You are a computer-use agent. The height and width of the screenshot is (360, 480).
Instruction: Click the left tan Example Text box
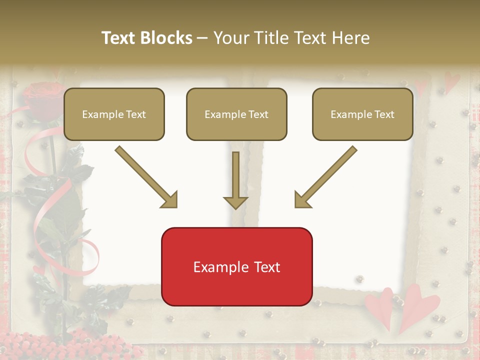114,114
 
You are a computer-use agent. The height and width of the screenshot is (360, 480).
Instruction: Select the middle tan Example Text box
236,114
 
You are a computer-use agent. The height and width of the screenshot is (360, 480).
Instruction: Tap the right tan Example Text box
362,114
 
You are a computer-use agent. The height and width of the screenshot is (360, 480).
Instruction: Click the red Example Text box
236,266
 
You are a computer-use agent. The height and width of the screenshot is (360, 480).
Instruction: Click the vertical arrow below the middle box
235,180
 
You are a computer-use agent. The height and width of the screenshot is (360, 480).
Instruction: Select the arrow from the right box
326,177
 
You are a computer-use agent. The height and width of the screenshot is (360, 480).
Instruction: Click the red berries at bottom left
35,345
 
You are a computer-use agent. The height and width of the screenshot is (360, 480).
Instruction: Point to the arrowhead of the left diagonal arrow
170,200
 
